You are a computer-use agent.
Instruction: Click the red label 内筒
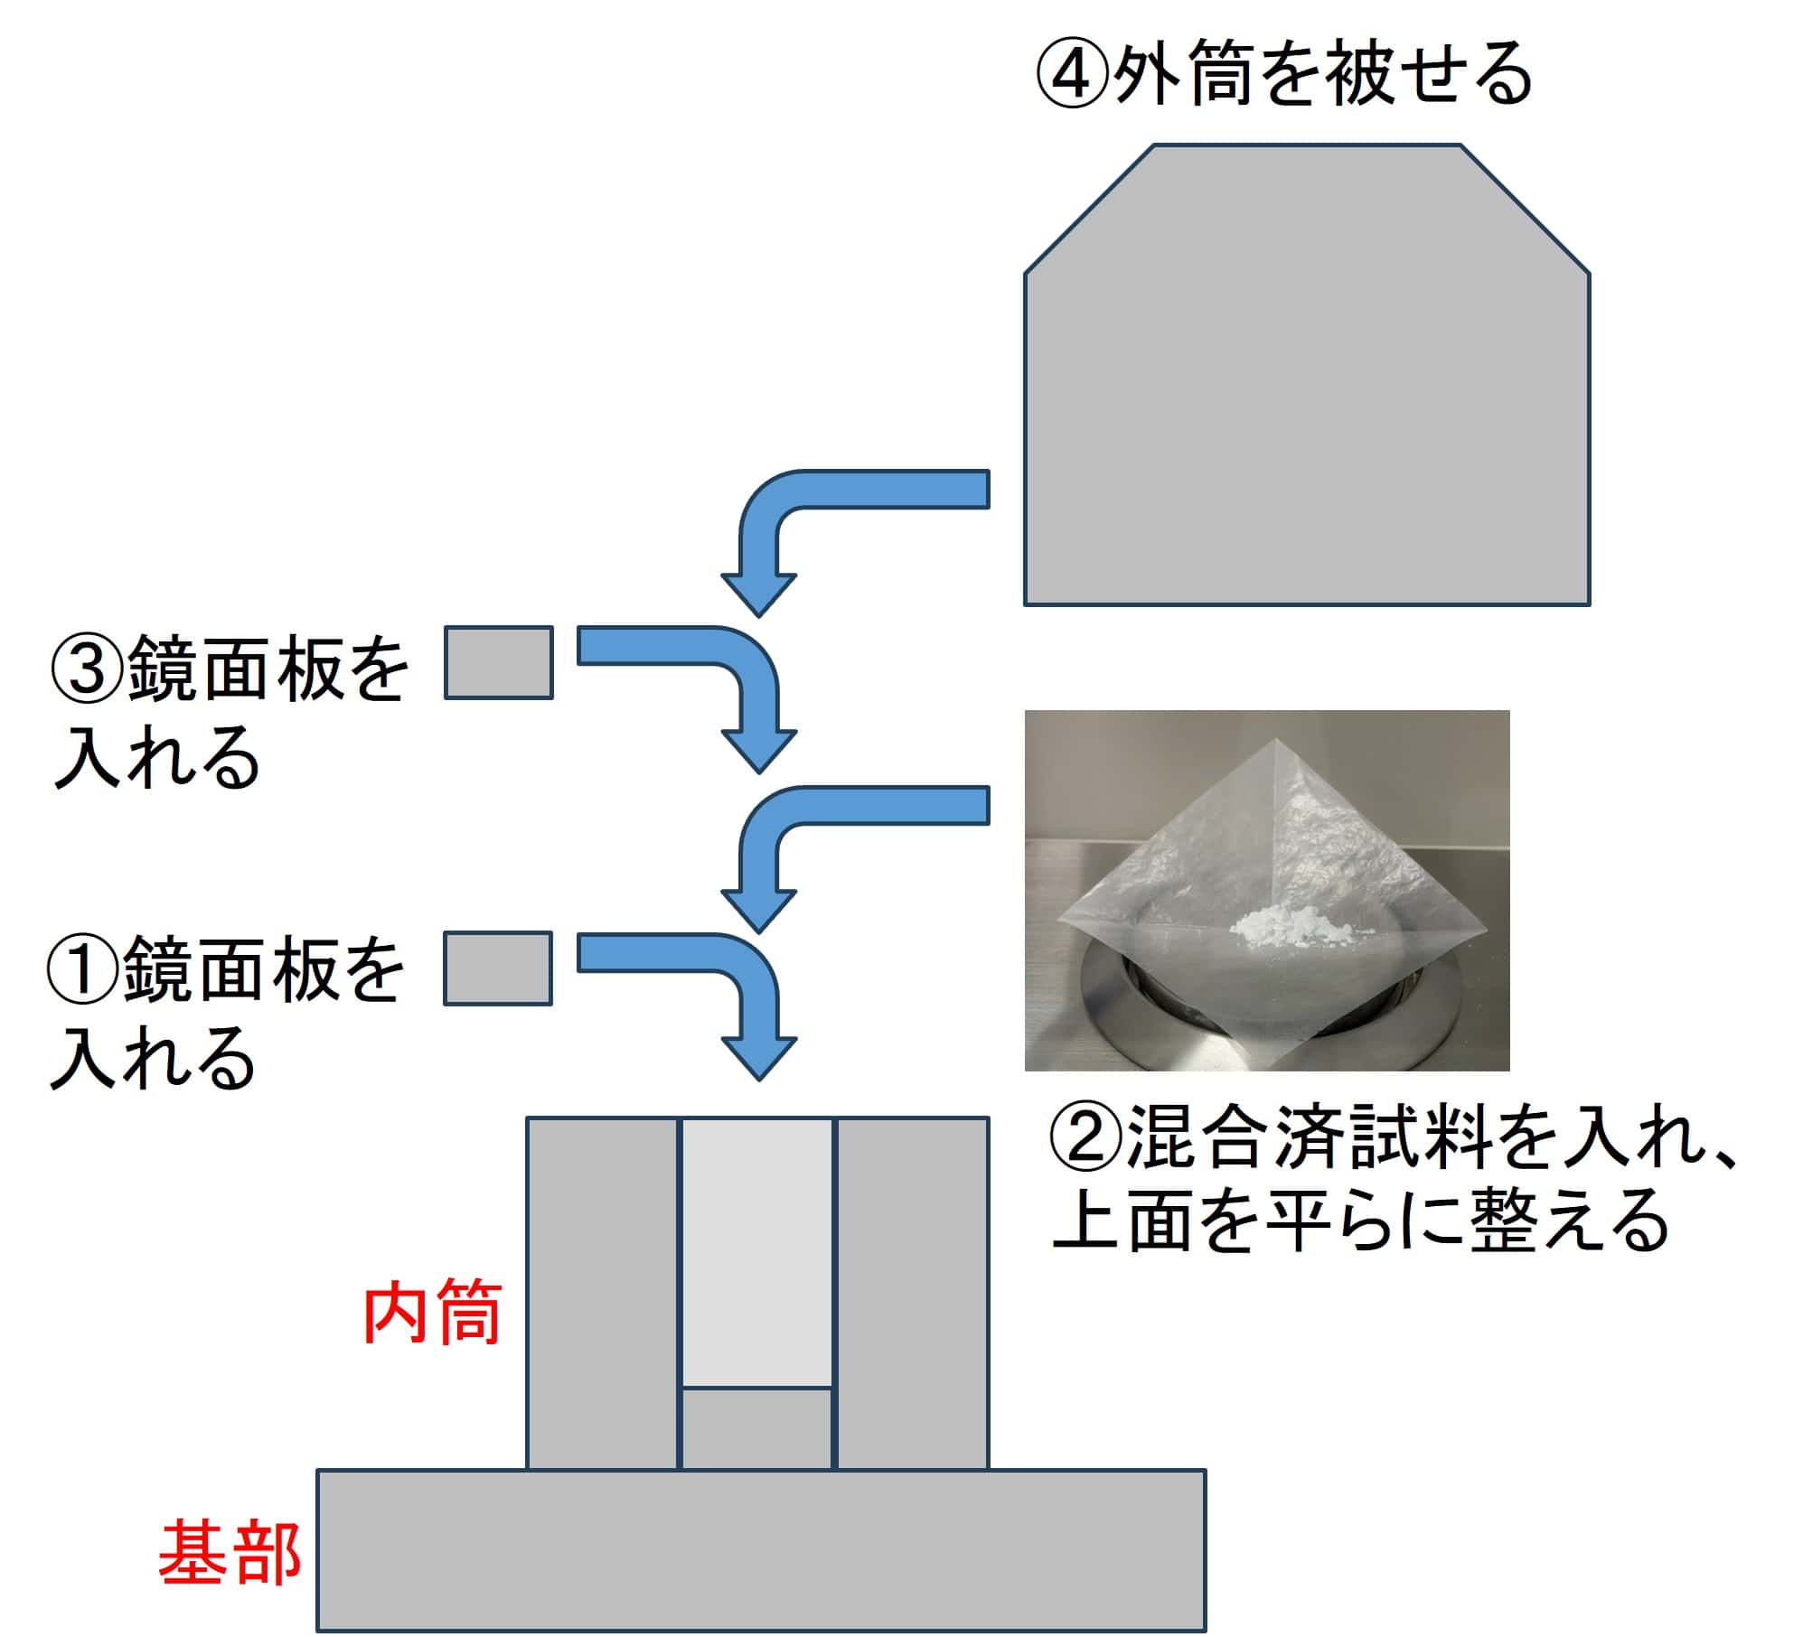click(x=432, y=1314)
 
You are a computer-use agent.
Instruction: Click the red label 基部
click(x=230, y=1553)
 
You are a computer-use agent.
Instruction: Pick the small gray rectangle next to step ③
click(x=498, y=663)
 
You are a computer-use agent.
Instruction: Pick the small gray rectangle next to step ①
click(x=497, y=968)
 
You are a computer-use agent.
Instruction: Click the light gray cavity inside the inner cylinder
click(x=756, y=1251)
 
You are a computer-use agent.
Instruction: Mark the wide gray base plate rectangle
click(x=760, y=1549)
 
